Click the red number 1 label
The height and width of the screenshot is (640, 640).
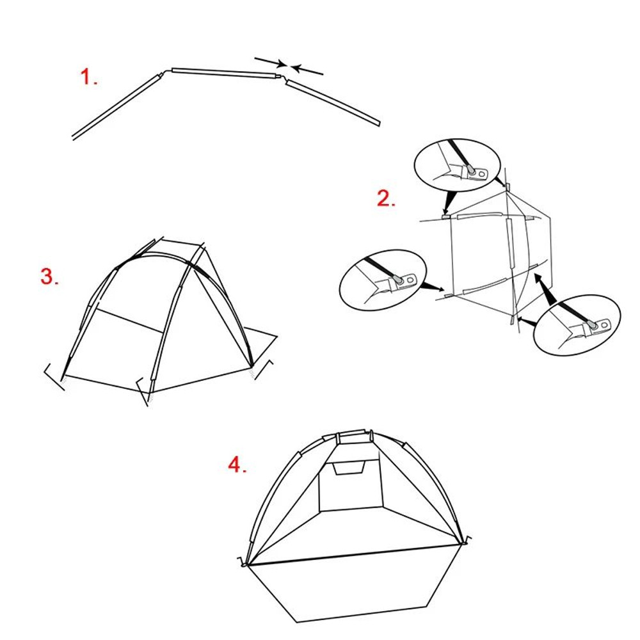tap(88, 77)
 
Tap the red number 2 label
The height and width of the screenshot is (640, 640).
tap(385, 198)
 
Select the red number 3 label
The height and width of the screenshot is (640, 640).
tap(49, 276)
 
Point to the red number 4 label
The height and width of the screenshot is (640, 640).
tap(237, 465)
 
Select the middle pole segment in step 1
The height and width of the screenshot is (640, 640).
tap(224, 72)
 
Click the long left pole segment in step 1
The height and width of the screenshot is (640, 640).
tap(115, 106)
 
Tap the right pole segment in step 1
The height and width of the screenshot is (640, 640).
tap(333, 102)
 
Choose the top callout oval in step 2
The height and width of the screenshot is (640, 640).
tap(457, 163)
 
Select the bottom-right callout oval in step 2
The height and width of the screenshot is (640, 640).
tap(575, 324)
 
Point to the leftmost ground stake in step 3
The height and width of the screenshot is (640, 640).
tap(54, 377)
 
